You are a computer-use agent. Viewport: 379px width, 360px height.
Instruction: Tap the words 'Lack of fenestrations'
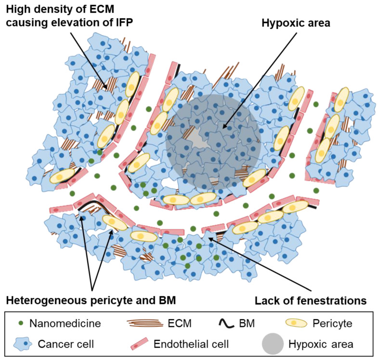point(307,301)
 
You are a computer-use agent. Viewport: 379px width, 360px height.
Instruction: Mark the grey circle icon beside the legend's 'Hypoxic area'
point(274,345)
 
